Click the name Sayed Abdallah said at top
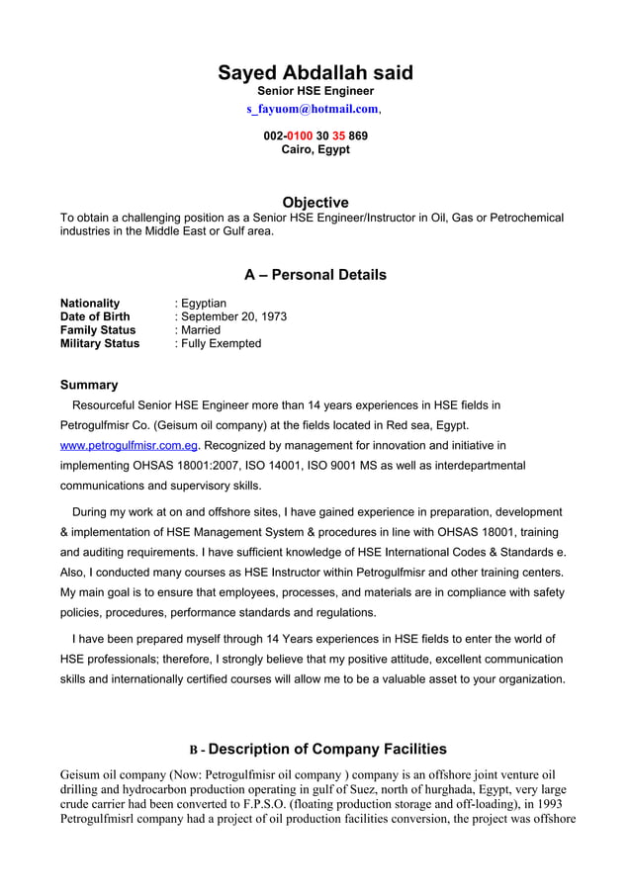[x=315, y=73]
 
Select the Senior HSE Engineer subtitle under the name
[x=315, y=91]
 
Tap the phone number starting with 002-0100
[x=315, y=135]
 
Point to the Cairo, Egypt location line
[x=315, y=150]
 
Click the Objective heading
[x=315, y=202]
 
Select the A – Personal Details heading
[x=315, y=274]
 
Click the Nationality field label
[x=90, y=303]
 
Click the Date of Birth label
[x=95, y=316]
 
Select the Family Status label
[x=98, y=330]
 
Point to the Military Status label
[x=100, y=344]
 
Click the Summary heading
[x=89, y=385]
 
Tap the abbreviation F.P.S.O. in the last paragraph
[x=286, y=805]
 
